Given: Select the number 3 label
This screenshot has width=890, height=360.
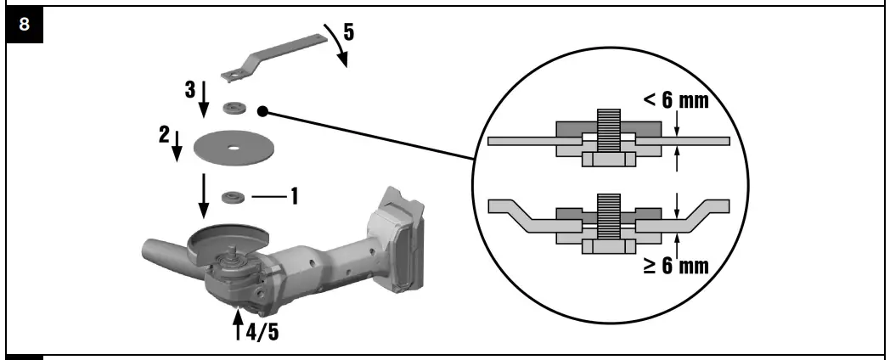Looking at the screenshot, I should [191, 89].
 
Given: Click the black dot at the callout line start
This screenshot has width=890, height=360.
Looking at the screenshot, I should [263, 110].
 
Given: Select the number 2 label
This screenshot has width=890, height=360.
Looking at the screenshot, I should [165, 135].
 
